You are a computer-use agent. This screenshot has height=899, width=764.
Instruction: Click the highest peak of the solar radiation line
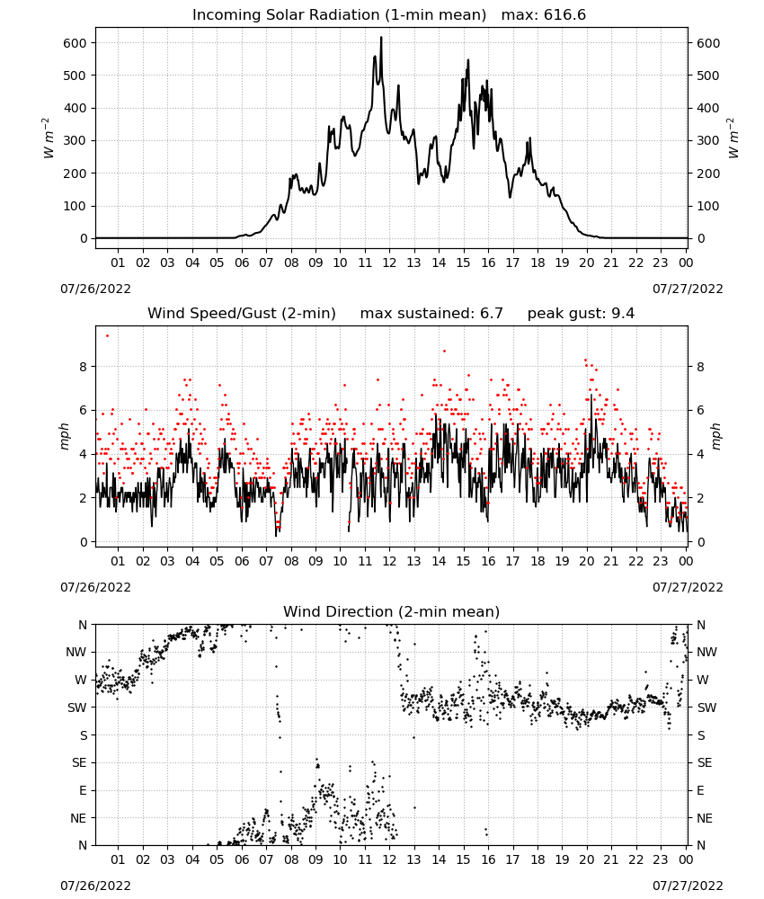click(381, 38)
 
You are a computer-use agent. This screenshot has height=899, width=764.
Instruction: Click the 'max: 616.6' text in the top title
click(544, 15)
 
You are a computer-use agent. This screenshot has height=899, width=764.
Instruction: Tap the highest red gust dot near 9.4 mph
click(107, 336)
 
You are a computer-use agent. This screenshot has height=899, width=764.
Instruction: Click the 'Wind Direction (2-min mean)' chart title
click(392, 611)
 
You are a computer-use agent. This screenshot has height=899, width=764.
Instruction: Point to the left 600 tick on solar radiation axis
click(76, 43)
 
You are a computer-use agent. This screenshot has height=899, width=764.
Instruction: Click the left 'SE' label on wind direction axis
click(79, 762)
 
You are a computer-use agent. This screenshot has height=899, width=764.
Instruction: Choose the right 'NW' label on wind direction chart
click(706, 652)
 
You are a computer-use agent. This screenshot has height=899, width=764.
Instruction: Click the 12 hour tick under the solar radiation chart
click(389, 263)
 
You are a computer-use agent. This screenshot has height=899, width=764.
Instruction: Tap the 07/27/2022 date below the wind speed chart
click(688, 587)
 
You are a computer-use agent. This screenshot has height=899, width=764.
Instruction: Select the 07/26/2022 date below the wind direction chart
click(95, 886)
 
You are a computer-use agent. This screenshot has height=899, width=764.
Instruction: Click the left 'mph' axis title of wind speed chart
click(64, 436)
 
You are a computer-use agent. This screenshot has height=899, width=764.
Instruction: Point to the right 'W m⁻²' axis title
click(733, 138)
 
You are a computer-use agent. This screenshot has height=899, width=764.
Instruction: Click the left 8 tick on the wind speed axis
click(84, 367)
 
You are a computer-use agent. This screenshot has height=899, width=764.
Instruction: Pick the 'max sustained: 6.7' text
click(431, 314)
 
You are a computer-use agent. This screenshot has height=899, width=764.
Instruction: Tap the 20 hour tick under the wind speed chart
click(586, 561)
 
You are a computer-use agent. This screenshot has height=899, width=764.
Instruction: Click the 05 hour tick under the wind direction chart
click(217, 860)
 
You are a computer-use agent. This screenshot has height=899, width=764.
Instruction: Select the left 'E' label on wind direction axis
click(83, 790)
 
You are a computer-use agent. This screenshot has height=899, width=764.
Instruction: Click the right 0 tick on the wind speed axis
click(700, 542)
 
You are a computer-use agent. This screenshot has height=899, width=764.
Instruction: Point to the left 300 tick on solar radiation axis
click(76, 140)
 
